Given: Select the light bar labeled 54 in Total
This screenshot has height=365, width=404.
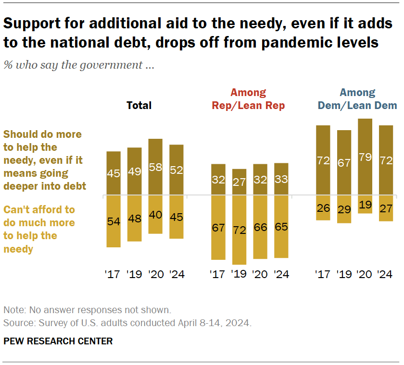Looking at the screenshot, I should pos(114,221).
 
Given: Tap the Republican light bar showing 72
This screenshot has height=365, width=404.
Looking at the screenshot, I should pos(239,230).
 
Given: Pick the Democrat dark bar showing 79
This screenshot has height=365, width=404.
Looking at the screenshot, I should pos(366,157).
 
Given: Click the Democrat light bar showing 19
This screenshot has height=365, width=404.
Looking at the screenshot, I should pos(366,204).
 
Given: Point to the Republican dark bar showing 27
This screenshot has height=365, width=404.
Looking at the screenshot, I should pos(239,182).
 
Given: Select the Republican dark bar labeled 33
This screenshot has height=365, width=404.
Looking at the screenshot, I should pos(281,179).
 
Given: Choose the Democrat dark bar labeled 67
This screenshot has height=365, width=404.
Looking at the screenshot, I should pos(344,163).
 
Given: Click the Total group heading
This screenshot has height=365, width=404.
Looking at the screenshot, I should pos(139,106).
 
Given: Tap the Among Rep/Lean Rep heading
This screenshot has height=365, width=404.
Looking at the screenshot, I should pos(248,99).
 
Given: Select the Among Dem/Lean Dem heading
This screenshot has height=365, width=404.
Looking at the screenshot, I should pos(358,99).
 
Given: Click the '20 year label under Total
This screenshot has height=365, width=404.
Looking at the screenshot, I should pos(155,275).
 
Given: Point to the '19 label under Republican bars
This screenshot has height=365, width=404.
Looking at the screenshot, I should pos(239,275).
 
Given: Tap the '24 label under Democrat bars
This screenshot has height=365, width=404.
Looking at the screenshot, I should pos(386,275).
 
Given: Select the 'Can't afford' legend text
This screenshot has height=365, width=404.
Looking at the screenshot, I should pos(39,229).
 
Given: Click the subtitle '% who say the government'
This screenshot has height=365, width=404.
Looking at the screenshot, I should pos(79,65).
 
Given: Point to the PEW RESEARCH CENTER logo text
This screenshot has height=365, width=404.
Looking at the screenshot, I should pos(58,341).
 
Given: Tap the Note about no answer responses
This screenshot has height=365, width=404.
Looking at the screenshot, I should pos(88,310).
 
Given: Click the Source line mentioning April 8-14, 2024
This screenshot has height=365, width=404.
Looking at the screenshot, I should pos(127,322).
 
